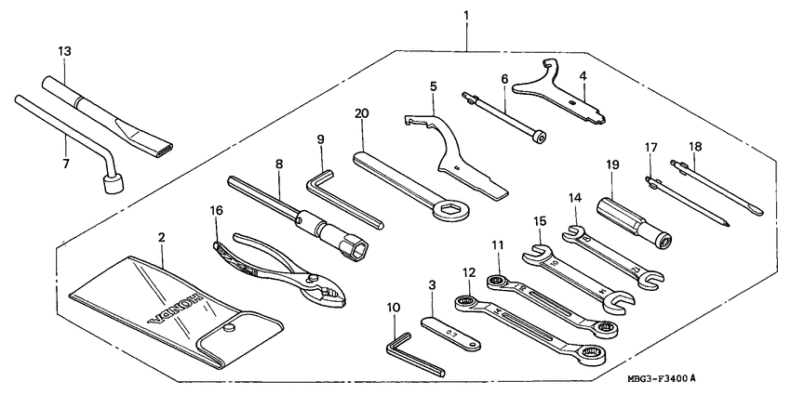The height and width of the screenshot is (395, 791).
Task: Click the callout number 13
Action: pyautogui.click(x=63, y=49)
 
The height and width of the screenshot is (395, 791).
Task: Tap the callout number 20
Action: pyautogui.click(x=362, y=114)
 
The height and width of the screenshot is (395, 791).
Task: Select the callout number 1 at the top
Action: pyautogui.click(x=466, y=16)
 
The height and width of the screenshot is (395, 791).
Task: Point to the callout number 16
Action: pyautogui.click(x=218, y=212)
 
